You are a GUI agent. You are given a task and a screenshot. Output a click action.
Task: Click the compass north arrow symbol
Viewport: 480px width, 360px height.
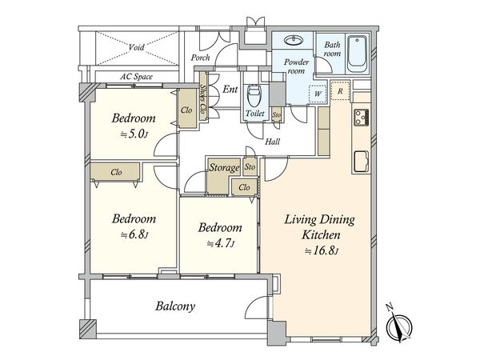click(x=398, y=326)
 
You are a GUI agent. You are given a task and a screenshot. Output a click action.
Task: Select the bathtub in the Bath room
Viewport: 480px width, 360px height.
click(x=357, y=54)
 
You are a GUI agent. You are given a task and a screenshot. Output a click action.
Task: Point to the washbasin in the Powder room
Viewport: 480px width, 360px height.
click(x=294, y=40)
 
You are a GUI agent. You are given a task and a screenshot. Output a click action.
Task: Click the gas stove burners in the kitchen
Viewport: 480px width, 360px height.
click(x=362, y=118)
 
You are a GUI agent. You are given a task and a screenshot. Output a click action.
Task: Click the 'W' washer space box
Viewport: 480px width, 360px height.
click(x=318, y=94)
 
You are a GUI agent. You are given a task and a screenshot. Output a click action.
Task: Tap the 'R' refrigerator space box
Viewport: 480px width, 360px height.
click(x=340, y=91)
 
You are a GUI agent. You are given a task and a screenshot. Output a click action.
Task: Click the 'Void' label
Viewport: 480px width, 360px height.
click(x=136, y=47)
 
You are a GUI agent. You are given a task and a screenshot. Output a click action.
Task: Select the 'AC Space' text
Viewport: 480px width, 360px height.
click(x=136, y=77)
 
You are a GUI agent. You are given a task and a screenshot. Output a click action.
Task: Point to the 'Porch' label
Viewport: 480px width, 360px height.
click(x=201, y=58)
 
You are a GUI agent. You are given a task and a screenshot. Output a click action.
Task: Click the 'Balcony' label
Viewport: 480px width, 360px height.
click(x=175, y=306)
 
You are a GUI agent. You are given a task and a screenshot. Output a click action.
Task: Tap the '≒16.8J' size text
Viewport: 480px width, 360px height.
click(x=322, y=251)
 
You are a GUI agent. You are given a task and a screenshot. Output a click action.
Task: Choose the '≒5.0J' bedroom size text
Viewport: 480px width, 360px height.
click(x=134, y=134)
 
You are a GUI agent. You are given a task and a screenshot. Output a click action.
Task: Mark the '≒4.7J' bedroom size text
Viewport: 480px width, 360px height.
click(x=221, y=244)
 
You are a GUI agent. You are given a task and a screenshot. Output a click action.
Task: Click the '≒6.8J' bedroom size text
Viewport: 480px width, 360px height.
click(x=134, y=234)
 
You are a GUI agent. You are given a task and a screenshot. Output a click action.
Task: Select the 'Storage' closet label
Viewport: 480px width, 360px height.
click(x=224, y=167)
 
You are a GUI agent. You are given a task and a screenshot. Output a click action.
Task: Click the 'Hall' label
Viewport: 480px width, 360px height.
click(x=273, y=142)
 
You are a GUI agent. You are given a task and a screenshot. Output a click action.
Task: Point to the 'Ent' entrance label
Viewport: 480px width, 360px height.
click(x=230, y=90)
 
